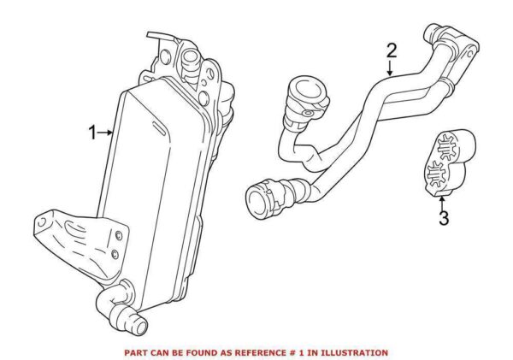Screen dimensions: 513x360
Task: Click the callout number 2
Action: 391,50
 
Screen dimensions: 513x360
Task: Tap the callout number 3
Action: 443,218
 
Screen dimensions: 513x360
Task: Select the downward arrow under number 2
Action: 391,71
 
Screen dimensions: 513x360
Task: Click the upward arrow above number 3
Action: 442,200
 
